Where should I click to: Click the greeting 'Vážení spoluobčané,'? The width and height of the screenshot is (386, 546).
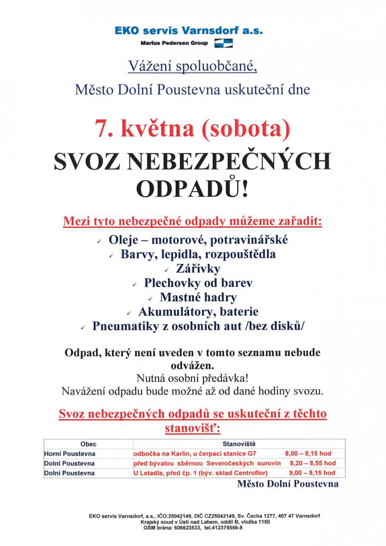[192, 67]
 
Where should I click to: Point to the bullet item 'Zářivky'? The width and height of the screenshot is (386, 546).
[198, 269]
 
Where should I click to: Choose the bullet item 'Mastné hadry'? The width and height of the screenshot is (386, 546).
[198, 298]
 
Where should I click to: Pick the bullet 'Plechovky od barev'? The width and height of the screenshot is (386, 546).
[198, 283]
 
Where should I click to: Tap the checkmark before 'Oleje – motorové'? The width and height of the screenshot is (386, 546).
[100, 242]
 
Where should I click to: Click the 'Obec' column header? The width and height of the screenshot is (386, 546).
[88, 444]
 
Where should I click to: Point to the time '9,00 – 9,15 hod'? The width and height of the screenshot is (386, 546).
[312, 472]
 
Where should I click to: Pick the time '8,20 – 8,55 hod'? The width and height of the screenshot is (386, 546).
[312, 463]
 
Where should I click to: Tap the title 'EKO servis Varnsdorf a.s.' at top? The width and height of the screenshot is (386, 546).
[189, 31]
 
